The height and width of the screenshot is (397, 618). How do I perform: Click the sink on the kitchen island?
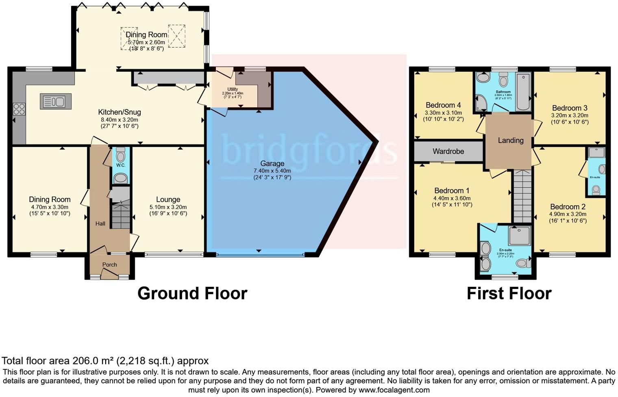56,101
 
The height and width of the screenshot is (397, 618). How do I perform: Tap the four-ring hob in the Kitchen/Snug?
19,109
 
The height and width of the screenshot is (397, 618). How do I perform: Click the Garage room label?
272,163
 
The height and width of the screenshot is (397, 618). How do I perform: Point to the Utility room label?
233,89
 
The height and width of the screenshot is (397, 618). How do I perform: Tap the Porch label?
109,265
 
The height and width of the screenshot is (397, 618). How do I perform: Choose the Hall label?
100,223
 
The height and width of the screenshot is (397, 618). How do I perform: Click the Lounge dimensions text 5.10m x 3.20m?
168,207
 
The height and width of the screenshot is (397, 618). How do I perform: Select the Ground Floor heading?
192,293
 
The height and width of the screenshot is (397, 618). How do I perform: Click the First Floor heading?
509,293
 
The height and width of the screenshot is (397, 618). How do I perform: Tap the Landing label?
511,141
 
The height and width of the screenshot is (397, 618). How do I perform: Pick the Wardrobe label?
448,151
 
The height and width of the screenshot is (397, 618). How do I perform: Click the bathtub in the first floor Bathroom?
523,92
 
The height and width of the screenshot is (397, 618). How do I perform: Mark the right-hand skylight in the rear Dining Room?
176,36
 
